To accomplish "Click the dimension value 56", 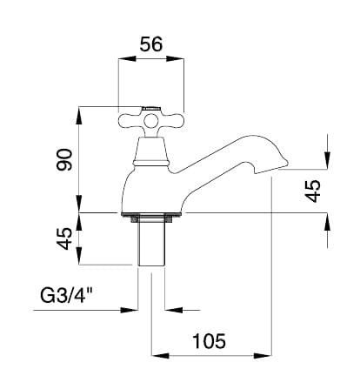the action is point(151,44).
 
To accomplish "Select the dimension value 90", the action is point(64,159).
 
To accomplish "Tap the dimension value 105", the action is point(209,341).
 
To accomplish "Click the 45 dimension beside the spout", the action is point(313,191).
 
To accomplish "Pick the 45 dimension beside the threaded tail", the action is point(63,238).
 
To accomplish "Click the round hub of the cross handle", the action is point(151,122).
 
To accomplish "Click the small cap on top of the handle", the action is point(150,109).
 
